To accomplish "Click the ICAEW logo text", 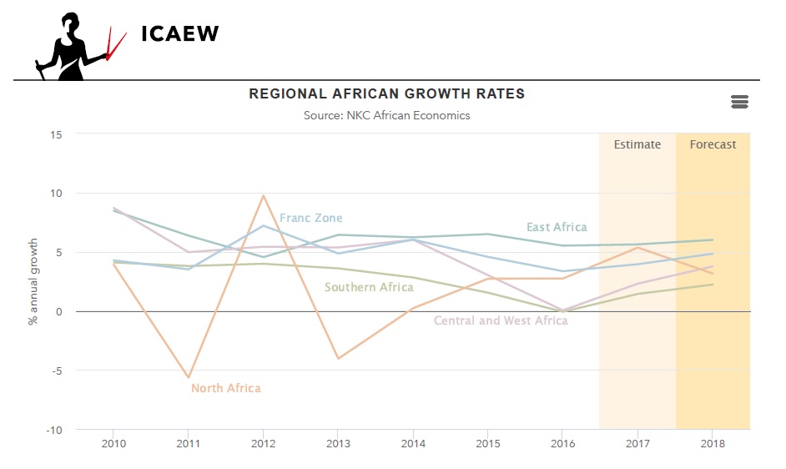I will pyautogui.click(x=179, y=33).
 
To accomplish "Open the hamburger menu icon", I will pyautogui.click(x=738, y=102).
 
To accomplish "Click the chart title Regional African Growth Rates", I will pyautogui.click(x=387, y=93).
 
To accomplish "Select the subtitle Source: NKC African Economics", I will pyautogui.click(x=387, y=115).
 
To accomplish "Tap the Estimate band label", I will pyautogui.click(x=637, y=144).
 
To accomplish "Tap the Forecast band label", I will pyautogui.click(x=713, y=144).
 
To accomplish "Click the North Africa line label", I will pyautogui.click(x=225, y=388).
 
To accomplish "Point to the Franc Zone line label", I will pyautogui.click(x=310, y=218).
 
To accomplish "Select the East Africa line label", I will pyautogui.click(x=557, y=227).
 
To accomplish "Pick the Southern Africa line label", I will pyautogui.click(x=369, y=287).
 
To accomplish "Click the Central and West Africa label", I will pyautogui.click(x=501, y=320).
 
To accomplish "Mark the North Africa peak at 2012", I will pyautogui.click(x=264, y=196).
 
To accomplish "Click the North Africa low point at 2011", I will pyautogui.click(x=189, y=377).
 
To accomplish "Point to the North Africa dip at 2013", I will pyautogui.click(x=338, y=358).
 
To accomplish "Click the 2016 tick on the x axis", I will pyautogui.click(x=562, y=442).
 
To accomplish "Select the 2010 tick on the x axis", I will pyautogui.click(x=113, y=442).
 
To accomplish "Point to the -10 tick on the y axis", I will pyautogui.click(x=55, y=430).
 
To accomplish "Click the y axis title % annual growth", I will pyautogui.click(x=34, y=281).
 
